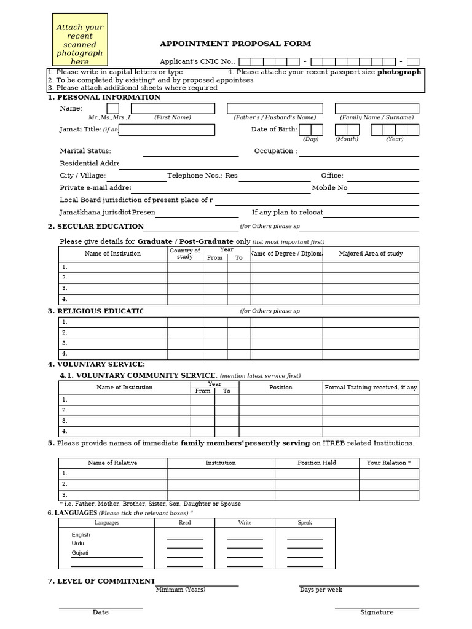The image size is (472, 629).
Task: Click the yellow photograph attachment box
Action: pyautogui.click(x=80, y=40)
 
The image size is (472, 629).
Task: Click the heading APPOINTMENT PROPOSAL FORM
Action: pyautogui.click(x=235, y=44)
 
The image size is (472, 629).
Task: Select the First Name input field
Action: pyautogui.click(x=172, y=108)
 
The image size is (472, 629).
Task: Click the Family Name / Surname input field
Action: pyautogui.click(x=376, y=108)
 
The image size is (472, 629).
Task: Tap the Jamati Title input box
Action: pyautogui.click(x=167, y=130)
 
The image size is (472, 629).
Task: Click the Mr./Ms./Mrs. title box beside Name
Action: pyautogui.click(x=113, y=108)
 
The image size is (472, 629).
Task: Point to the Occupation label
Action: pyautogui.click(x=275, y=151)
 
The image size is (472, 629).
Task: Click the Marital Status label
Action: pyautogui.click(x=85, y=151)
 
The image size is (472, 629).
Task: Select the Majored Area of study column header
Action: pyautogui.click(x=371, y=254)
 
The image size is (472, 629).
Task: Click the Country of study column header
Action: pyautogui.click(x=184, y=254)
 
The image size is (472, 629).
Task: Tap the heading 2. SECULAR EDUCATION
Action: pyautogui.click(x=96, y=227)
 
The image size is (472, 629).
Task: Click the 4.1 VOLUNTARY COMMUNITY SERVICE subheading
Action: pyautogui.click(x=138, y=375)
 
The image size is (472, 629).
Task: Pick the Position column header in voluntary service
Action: pyautogui.click(x=280, y=388)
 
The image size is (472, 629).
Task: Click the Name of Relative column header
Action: pyautogui.click(x=112, y=463)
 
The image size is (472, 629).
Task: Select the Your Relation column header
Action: pyautogui.click(x=388, y=463)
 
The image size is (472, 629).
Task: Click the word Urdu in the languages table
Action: pyautogui.click(x=78, y=544)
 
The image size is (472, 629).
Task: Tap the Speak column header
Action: pyautogui.click(x=305, y=523)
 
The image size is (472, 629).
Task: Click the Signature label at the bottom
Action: pyautogui.click(x=377, y=612)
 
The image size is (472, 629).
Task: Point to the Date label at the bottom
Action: pyautogui.click(x=101, y=612)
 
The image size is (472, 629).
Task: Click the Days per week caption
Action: pyautogui.click(x=321, y=590)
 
